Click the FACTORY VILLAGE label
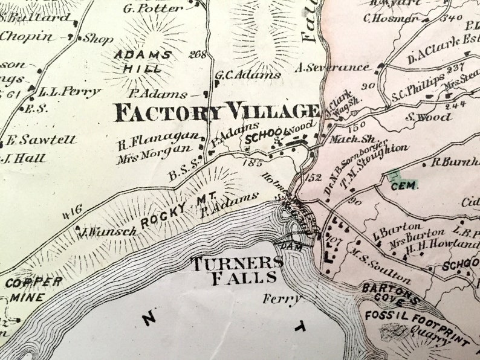pyautogui.click(x=216, y=112)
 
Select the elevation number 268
pyautogui.click(x=197, y=54)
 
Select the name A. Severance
pyautogui.click(x=332, y=68)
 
